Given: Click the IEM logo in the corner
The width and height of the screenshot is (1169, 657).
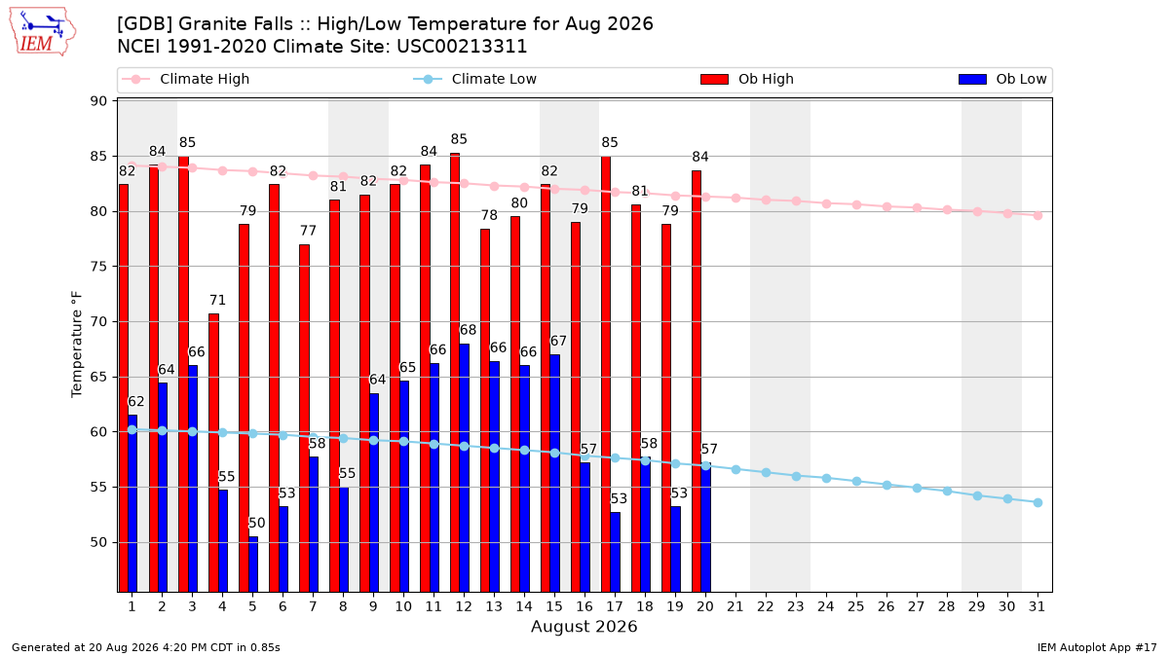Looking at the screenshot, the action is (42, 32).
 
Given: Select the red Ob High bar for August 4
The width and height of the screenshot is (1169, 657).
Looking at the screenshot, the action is (213, 453).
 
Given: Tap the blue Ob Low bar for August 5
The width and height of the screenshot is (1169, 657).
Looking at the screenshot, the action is (253, 565).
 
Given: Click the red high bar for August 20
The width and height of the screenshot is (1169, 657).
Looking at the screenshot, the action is (697, 382).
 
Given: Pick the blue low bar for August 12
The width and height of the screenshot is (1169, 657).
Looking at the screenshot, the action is (464, 468).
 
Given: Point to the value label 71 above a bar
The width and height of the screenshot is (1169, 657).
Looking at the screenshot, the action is (217, 301).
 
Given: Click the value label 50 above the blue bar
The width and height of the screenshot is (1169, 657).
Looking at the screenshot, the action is (257, 523).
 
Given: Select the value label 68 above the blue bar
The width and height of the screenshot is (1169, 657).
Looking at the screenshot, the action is (468, 330).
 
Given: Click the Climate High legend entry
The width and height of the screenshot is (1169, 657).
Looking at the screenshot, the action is (186, 79).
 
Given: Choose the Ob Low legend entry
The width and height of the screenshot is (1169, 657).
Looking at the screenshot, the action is (1002, 79).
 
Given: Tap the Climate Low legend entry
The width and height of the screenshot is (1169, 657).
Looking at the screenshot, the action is (475, 79).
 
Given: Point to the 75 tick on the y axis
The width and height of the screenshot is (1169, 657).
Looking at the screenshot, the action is (98, 267).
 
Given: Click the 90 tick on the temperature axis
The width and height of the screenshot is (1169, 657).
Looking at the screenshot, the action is (98, 101).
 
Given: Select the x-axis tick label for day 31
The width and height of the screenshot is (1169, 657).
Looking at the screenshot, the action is (1037, 606).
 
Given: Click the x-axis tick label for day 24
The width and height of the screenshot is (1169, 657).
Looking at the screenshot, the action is (826, 606).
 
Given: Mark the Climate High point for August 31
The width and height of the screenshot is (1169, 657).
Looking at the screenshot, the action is (1037, 215).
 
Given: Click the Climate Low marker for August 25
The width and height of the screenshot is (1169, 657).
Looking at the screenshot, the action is (856, 481).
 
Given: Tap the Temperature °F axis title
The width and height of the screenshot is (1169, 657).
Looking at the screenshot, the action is (77, 345).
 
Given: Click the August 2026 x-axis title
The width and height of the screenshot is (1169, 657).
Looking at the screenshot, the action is (584, 626).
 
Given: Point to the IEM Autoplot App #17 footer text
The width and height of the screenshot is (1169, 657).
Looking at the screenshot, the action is (1097, 647).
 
